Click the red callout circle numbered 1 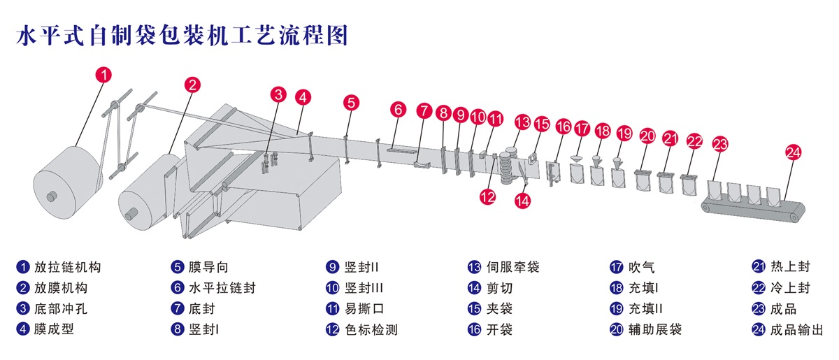103,74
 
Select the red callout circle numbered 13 522,122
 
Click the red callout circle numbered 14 522,200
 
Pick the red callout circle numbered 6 398,110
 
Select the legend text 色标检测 371,329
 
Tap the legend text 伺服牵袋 512,267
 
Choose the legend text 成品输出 796,329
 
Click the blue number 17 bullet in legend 616,267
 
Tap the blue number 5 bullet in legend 178,267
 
